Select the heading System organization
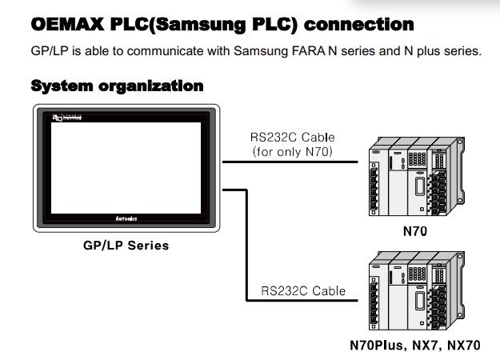(x=116, y=85)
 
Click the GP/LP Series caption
(x=126, y=246)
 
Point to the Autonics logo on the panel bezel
(x=126, y=218)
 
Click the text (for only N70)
(x=291, y=151)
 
